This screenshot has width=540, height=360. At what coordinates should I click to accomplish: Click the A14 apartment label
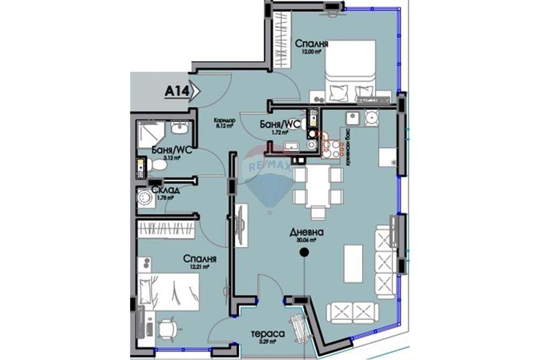click(177, 92)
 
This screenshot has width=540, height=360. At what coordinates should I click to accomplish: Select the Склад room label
click(165, 190)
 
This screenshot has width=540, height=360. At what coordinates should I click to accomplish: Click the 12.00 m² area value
click(312, 52)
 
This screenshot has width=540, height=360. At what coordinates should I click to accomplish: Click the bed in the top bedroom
click(349, 70)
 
